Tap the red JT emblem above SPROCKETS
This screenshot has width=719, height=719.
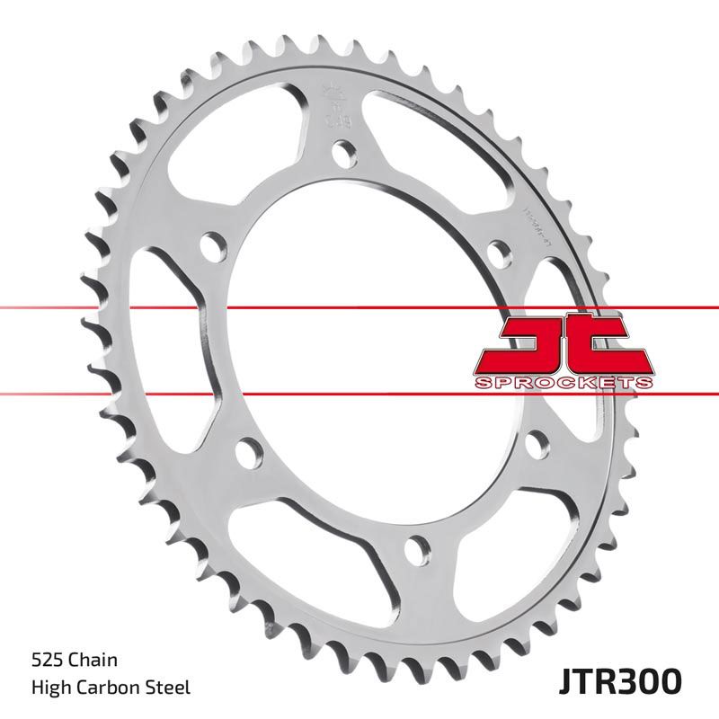point(562,343)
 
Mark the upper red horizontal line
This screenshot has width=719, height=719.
point(90,307)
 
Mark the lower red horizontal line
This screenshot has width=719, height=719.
point(90,393)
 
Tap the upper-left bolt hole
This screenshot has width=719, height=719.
point(212,246)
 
